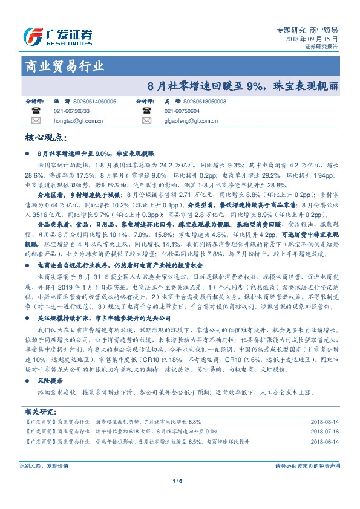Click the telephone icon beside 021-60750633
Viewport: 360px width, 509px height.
tap(35, 111)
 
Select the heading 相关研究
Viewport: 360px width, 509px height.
tap(39, 411)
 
